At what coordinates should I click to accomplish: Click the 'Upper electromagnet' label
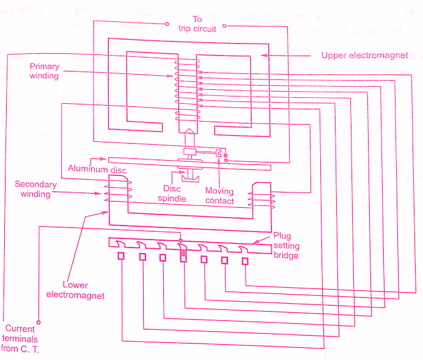(x=364, y=56)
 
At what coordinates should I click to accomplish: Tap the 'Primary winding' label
(x=44, y=71)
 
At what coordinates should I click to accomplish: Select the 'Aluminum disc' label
(x=97, y=169)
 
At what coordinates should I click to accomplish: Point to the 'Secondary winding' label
(x=35, y=189)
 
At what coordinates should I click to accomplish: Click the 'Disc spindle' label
(x=172, y=193)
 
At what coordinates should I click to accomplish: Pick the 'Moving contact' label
(x=219, y=196)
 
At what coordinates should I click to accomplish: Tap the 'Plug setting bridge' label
(x=286, y=245)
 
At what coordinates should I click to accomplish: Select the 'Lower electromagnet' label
(x=75, y=290)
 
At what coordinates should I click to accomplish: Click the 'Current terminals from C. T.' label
(x=20, y=339)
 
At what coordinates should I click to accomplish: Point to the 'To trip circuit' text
(x=197, y=24)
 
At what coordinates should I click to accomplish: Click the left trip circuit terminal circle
(x=167, y=24)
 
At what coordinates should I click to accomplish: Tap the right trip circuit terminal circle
(x=224, y=26)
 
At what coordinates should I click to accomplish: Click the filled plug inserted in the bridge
(x=183, y=252)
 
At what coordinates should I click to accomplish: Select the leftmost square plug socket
(x=121, y=255)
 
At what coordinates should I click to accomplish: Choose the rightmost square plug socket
(x=245, y=261)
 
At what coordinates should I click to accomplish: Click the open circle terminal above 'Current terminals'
(x=39, y=322)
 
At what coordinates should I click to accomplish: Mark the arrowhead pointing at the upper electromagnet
(x=264, y=55)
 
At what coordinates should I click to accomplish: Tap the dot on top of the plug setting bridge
(x=180, y=241)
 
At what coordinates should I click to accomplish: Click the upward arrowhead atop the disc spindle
(x=189, y=131)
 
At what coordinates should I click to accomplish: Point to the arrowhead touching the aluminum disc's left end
(x=103, y=159)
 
